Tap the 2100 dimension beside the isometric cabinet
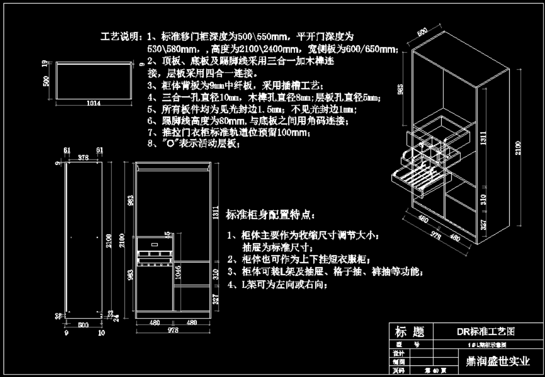pyautogui.click(x=518, y=149)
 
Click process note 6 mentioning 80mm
pyautogui.click(x=247, y=121)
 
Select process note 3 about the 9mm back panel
pyautogui.click(x=232, y=85)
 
